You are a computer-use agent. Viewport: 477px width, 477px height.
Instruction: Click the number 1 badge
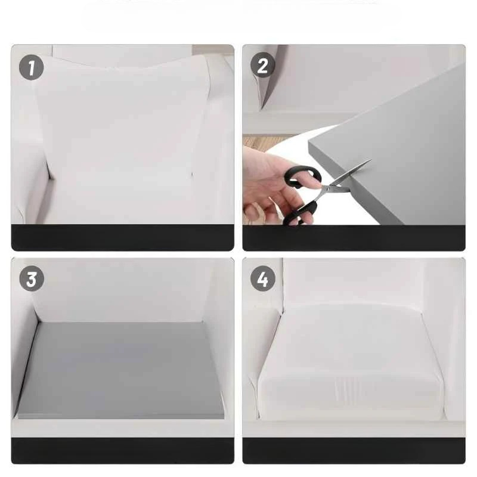tap(32, 67)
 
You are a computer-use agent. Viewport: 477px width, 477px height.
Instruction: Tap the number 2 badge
tap(262, 65)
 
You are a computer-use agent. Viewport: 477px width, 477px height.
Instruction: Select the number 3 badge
tap(32, 279)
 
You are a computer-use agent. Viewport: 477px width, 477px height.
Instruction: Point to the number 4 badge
tap(263, 278)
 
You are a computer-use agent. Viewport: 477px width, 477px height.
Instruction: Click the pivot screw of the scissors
tap(327, 189)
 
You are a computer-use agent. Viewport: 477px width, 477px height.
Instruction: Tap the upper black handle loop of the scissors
tap(303, 177)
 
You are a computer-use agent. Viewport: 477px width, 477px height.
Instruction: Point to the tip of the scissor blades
tap(371, 159)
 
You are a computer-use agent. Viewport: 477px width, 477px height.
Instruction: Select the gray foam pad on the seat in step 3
tap(121, 370)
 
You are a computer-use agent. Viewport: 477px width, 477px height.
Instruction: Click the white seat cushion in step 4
tap(351, 362)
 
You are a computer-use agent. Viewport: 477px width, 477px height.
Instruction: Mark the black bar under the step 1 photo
tap(123, 237)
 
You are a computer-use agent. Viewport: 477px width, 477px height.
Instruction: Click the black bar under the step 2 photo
tap(354, 238)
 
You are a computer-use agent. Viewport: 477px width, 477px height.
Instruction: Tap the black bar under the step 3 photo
tap(123, 451)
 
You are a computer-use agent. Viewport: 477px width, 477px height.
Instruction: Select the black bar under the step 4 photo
tap(354, 451)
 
